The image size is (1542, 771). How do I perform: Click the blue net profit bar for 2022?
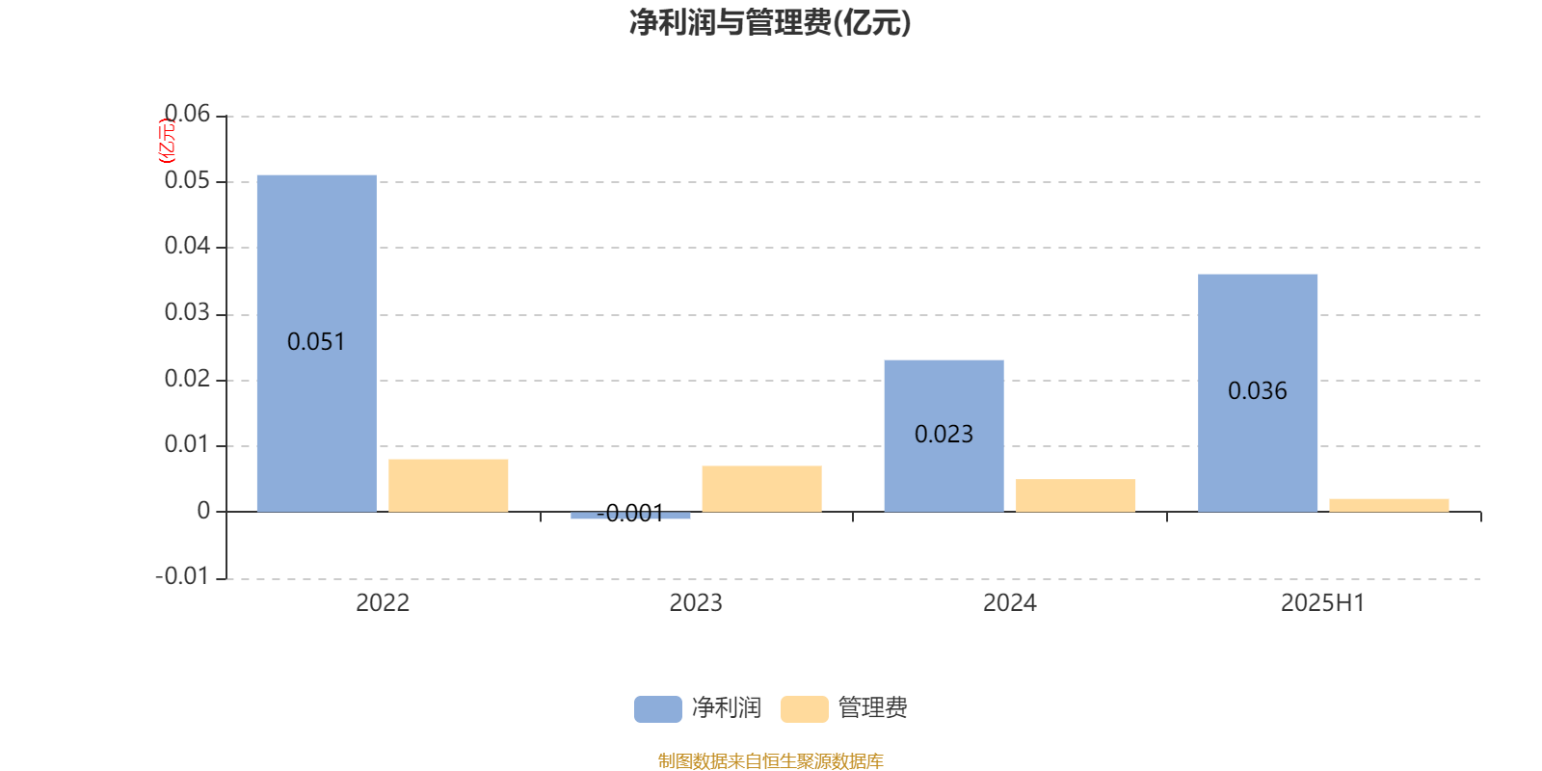tap(317, 343)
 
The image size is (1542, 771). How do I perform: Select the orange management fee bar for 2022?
tap(448, 486)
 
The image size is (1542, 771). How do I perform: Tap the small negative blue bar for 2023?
tap(630, 515)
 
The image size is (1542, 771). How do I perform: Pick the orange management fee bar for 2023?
tap(762, 489)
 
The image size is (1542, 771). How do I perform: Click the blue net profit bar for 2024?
tap(944, 436)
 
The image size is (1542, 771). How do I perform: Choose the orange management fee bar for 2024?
tap(1076, 495)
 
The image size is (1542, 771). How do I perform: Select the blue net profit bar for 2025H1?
tap(1258, 393)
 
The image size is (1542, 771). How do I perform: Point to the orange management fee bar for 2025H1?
tap(1389, 505)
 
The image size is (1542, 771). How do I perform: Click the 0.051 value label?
tap(316, 341)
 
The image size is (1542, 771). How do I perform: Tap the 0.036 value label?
tap(1257, 391)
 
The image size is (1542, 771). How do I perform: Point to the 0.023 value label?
tap(944, 435)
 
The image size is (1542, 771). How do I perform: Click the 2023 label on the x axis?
tap(696, 603)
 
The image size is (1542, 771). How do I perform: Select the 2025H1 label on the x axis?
tap(1322, 603)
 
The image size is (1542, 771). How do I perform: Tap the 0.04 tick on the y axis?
tap(187, 246)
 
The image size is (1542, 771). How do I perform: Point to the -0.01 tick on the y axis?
tap(182, 576)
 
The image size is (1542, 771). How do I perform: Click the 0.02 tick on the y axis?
tap(187, 379)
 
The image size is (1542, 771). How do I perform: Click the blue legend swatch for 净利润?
tap(658, 709)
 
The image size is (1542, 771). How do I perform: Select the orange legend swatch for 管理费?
tap(805, 709)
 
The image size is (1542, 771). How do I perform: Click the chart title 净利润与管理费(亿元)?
tap(770, 23)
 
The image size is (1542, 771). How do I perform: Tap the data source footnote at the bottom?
tap(770, 760)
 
